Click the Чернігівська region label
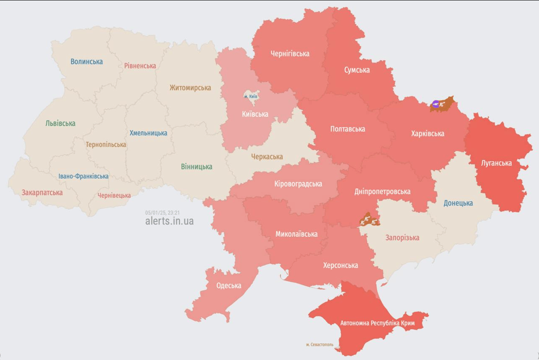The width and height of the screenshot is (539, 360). pyautogui.click(x=290, y=53)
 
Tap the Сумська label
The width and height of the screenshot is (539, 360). pyautogui.click(x=357, y=70)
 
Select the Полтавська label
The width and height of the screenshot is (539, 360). pyautogui.click(x=348, y=129)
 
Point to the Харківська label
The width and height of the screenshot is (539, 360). pyautogui.click(x=427, y=134)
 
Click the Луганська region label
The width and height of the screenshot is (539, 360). pyautogui.click(x=496, y=163)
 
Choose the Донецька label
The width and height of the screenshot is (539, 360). pyautogui.click(x=458, y=203)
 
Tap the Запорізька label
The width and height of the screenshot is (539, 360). pyautogui.click(x=402, y=238)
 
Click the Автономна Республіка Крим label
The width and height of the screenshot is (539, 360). pyautogui.click(x=377, y=323)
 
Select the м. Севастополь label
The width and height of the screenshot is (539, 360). pyautogui.click(x=319, y=345)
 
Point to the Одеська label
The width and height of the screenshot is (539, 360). pyautogui.click(x=229, y=285)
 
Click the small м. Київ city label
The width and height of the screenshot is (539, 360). pyautogui.click(x=251, y=97)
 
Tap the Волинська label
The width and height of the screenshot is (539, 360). pyautogui.click(x=86, y=61)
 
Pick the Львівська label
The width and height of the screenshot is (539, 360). pyautogui.click(x=61, y=123)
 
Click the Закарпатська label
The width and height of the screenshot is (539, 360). pyautogui.click(x=42, y=192)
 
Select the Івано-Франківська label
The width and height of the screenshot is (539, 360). pyautogui.click(x=84, y=176)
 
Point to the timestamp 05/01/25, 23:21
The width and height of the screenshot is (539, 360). pyautogui.click(x=162, y=212)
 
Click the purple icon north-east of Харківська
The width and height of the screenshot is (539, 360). pyautogui.click(x=436, y=105)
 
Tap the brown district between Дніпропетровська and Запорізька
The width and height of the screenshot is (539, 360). pyautogui.click(x=369, y=219)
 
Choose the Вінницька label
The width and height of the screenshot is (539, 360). pyautogui.click(x=197, y=166)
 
